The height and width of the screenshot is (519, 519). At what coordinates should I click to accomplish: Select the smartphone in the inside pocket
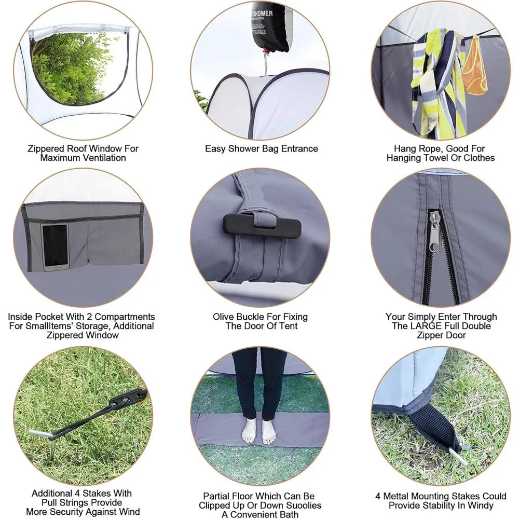pyautogui.click(x=54, y=247)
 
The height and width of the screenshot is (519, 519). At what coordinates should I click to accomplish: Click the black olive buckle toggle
pyautogui.click(x=262, y=225)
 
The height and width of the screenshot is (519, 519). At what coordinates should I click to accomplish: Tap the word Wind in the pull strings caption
pyautogui.click(x=129, y=512)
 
